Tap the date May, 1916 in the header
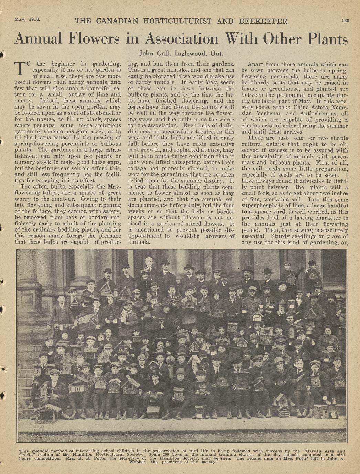[27, 19]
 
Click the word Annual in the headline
[38, 38]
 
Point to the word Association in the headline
[182, 38]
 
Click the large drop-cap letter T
[20, 68]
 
